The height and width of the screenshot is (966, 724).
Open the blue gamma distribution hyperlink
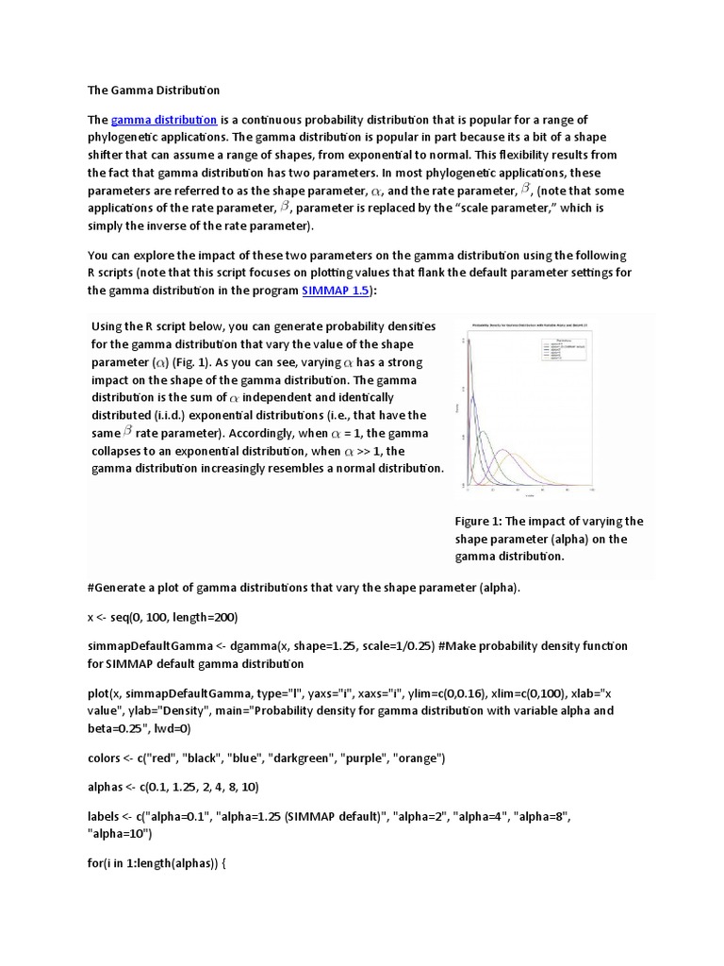tap(164, 120)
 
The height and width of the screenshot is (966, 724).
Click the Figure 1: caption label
tap(482, 521)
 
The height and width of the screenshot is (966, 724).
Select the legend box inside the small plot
tap(562, 349)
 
